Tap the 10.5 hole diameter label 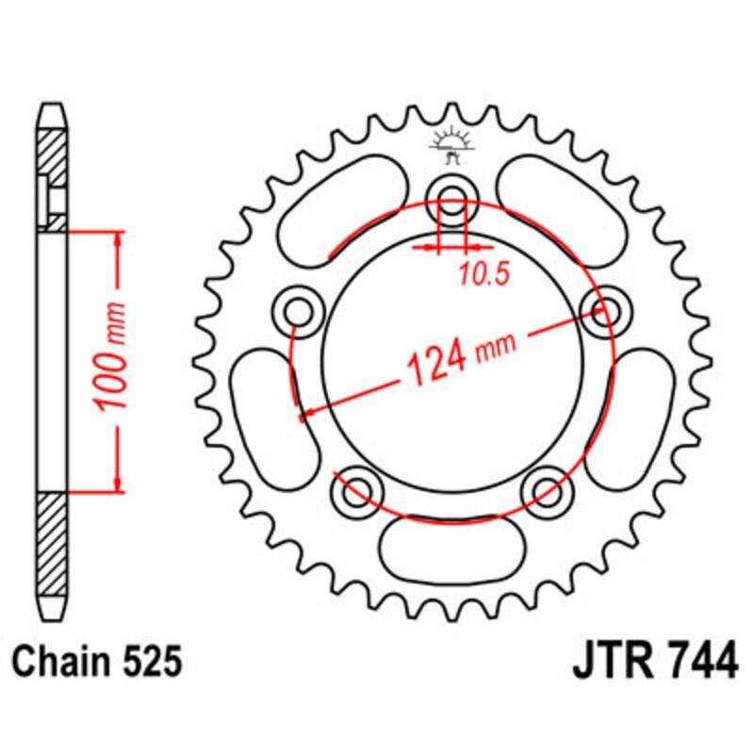pyautogui.click(x=484, y=274)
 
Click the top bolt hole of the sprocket pyautogui.click(x=452, y=199)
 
